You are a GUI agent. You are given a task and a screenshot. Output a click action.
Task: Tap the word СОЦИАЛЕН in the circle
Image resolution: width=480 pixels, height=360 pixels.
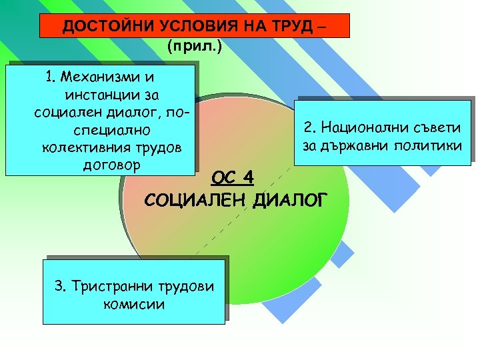tap(191, 199)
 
